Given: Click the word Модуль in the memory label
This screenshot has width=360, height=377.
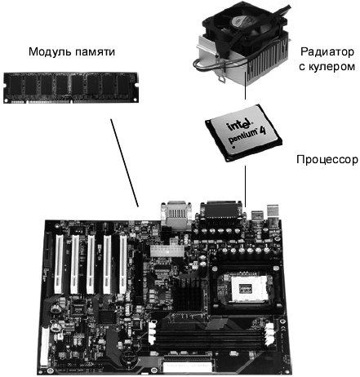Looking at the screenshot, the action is point(50,51).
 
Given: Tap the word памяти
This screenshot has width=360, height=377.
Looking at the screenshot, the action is point(95,52).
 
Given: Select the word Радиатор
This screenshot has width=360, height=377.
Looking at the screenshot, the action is point(327,51).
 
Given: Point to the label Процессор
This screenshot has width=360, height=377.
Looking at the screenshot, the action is point(327,159).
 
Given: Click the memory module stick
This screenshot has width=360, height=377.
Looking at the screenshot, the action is point(71,87).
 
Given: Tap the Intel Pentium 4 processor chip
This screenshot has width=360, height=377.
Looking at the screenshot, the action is point(243,133).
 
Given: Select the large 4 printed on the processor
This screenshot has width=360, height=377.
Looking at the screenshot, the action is point(263,131).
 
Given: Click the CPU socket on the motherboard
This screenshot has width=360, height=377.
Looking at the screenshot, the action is point(247,288).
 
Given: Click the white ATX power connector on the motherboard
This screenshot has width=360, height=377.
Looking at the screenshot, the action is point(167,251).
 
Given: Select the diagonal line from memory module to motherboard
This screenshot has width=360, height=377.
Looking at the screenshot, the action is point(124,163).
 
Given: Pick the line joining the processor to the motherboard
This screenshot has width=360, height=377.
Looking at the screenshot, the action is point(245,186).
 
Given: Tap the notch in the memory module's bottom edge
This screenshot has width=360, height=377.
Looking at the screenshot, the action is point(71,101).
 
